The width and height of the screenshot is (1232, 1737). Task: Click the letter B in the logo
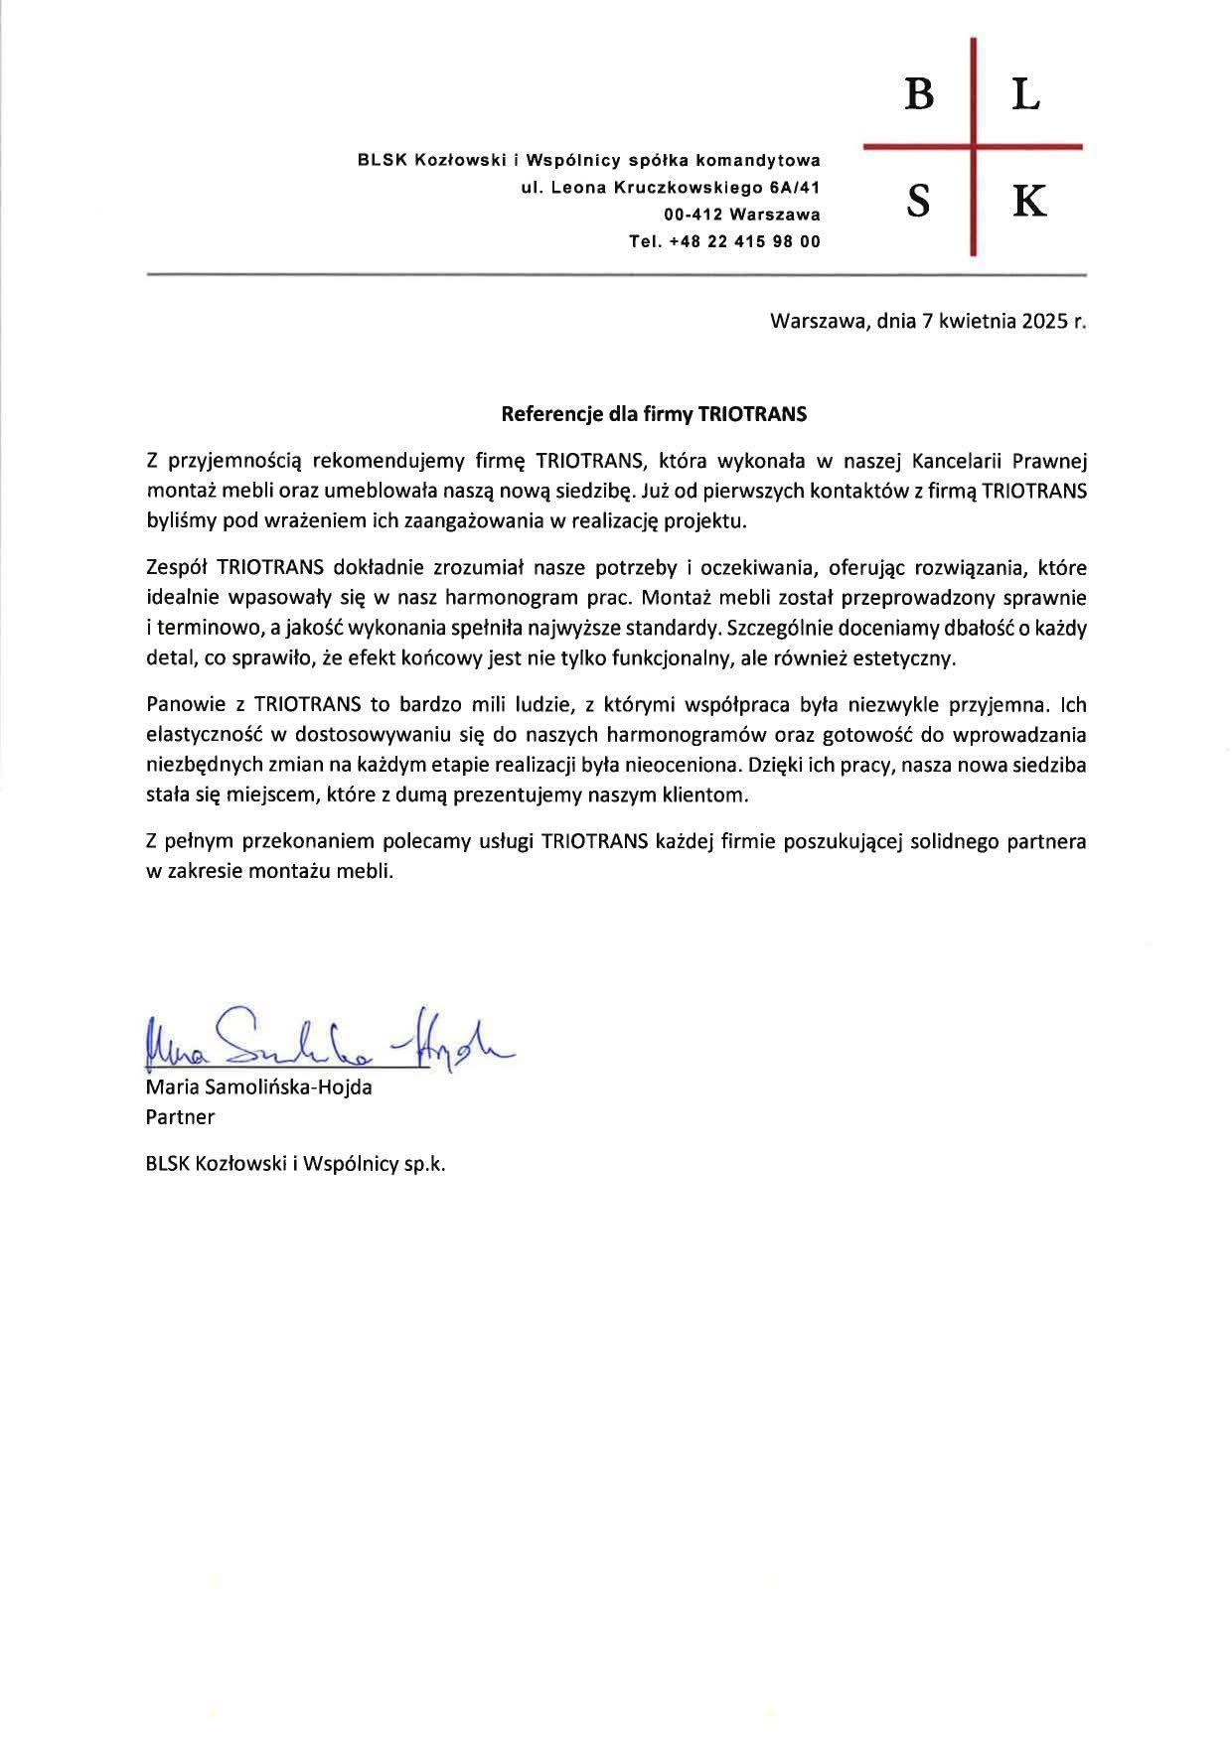[919, 95]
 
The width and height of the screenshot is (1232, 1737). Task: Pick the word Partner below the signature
[180, 1116]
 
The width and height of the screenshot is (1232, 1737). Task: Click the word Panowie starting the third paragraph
[184, 705]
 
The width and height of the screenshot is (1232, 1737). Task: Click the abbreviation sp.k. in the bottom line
[424, 1163]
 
